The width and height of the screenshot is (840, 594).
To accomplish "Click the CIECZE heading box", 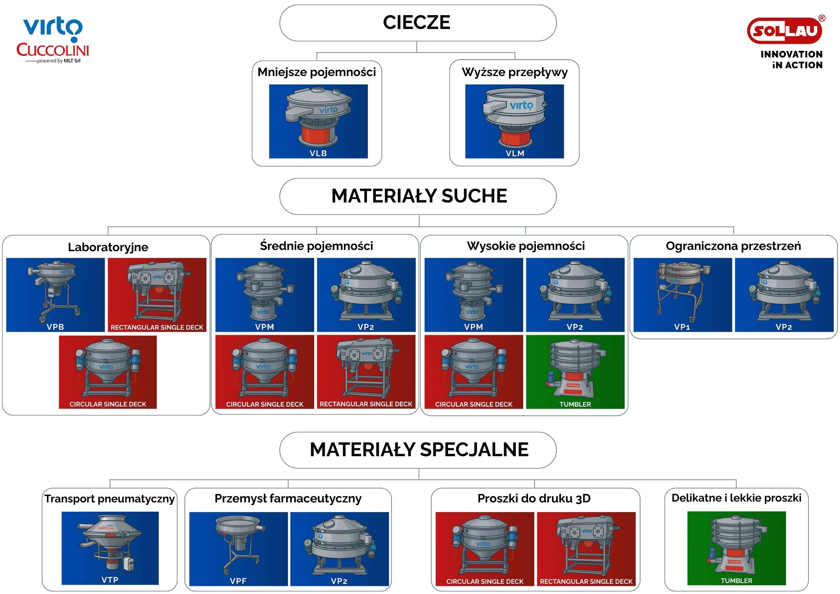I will point(417,23).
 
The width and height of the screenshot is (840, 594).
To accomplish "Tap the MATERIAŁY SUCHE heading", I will point(418,196).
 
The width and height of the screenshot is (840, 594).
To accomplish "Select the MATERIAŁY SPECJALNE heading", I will point(418,449).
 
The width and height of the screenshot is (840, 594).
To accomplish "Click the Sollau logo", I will point(785,31).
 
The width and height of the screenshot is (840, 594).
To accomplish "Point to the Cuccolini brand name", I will point(53,50).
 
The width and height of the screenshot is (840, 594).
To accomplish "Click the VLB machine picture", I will point(318,121).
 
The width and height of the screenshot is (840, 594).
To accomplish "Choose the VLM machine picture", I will point(514,121).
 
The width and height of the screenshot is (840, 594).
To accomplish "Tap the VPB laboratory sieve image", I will point(55,294).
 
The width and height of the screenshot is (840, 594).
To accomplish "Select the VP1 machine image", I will point(682,294).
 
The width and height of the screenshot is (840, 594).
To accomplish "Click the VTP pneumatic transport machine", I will point(110,548).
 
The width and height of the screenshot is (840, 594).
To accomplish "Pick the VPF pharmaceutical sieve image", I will point(239,549).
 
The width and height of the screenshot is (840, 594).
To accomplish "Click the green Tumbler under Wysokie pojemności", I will point(575,371).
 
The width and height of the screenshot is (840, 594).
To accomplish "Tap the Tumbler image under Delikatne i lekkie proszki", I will point(736,548).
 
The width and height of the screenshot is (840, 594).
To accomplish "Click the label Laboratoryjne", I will point(108,247).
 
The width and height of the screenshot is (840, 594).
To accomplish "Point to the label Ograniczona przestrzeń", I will point(733,246).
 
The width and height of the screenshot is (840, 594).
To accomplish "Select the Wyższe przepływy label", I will point(514,72).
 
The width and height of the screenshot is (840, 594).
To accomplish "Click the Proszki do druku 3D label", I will point(534,499).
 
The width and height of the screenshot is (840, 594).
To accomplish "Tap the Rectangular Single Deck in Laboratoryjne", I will point(157,294).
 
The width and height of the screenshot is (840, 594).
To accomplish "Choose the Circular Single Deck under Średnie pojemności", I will point(265,371).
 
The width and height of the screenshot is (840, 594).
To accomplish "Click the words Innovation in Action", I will point(791,60).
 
